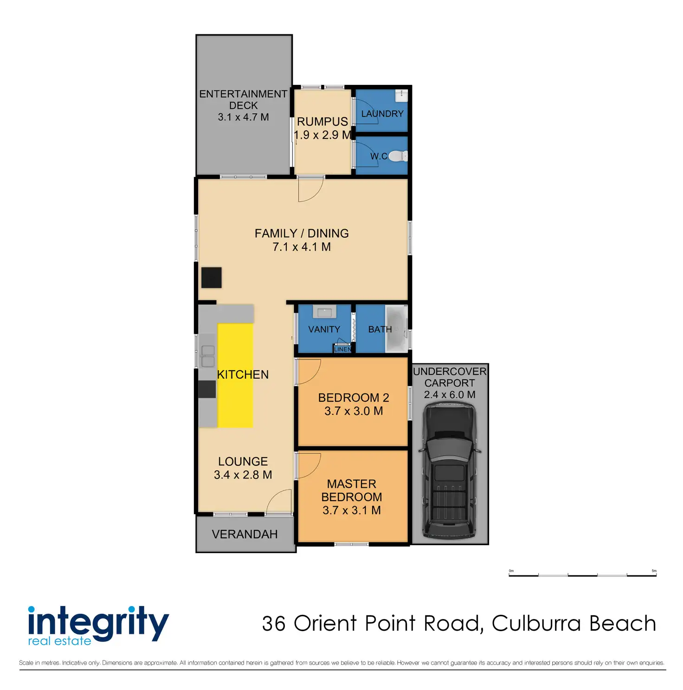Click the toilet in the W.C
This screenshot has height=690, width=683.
(x=398, y=156)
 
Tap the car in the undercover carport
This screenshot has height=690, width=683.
(x=450, y=471)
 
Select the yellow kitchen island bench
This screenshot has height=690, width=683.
(x=235, y=375)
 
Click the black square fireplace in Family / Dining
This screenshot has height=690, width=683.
(x=211, y=277)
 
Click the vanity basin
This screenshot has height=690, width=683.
(x=324, y=312)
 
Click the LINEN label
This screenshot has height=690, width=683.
(x=343, y=349)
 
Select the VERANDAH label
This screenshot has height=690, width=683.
(x=245, y=534)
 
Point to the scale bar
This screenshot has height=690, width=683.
(x=583, y=575)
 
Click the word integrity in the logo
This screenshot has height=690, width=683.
(x=98, y=622)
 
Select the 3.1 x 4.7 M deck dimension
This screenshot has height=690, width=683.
(x=244, y=117)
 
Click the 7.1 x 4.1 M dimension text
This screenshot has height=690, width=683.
(x=302, y=247)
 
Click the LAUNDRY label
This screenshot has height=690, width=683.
(x=382, y=114)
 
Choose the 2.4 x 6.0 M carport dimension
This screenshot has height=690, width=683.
(x=450, y=395)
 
